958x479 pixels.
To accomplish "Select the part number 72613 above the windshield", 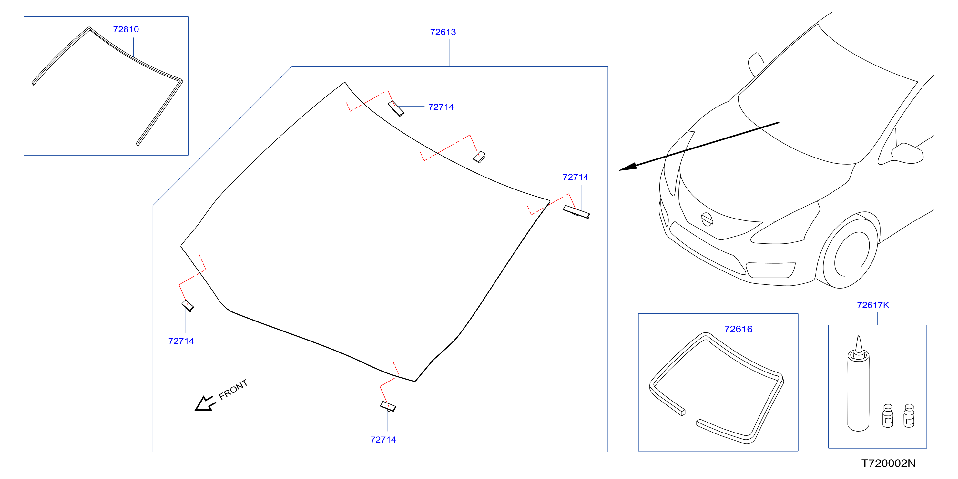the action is point(443,32).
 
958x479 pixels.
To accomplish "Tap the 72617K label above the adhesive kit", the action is point(873,305).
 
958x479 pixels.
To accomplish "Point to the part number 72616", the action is point(738,329).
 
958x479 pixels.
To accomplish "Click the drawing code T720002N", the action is point(889,464).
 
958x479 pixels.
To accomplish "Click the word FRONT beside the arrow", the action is point(233,390).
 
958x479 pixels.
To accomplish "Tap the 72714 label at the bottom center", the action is point(383,440).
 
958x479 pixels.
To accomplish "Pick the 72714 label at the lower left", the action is point(181,341).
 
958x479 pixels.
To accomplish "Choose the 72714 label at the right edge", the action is point(575,177).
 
